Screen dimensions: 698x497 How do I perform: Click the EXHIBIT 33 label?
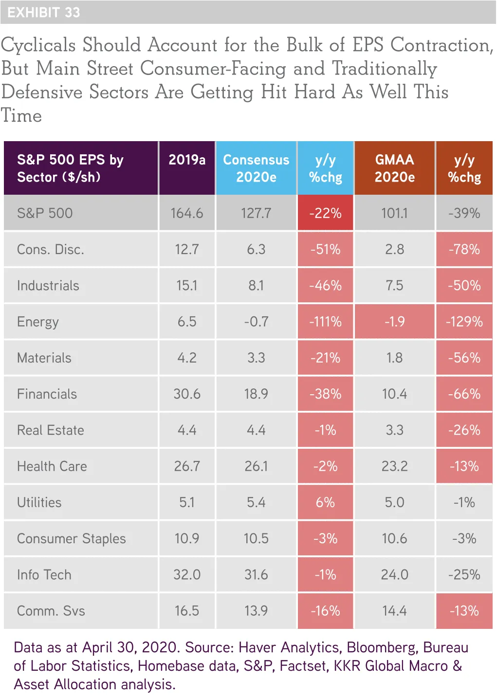44,12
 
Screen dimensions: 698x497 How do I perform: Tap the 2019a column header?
187,160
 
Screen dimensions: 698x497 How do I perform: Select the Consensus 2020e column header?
256,168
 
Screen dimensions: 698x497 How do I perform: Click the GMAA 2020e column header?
394,168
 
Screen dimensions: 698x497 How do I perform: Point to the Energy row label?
38,322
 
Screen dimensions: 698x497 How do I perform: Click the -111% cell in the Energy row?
325,322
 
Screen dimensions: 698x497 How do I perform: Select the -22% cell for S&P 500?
325,213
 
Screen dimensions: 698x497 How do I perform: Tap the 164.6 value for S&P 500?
187,213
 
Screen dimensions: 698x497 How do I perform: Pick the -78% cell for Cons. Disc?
464,249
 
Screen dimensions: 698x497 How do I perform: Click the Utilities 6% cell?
325,502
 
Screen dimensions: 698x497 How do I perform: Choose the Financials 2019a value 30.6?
187,394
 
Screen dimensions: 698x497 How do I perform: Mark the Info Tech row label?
44,574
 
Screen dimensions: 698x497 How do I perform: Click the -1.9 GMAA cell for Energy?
394,322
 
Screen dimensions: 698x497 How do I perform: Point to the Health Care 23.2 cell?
394,466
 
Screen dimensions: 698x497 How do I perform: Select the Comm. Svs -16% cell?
325,611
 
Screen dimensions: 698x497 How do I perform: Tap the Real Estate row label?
51,430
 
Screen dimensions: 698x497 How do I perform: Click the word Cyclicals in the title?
38,45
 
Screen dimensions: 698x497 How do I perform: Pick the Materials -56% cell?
464,358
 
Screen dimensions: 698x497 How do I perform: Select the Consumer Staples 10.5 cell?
256,538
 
